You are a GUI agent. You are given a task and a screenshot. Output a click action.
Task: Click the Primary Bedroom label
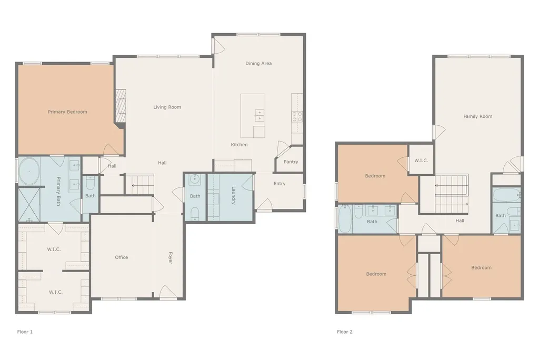coord(67,112)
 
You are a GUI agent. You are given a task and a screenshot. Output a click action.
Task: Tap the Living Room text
coord(167,107)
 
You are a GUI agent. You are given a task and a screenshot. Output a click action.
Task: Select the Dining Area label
coord(258,63)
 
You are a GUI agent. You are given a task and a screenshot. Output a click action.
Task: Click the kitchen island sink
coord(259,115)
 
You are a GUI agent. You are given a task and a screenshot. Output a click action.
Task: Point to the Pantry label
coord(291,162)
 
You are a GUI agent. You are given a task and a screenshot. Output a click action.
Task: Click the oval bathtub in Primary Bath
coord(29,171)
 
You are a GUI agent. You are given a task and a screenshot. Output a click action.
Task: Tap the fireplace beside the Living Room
coord(121,106)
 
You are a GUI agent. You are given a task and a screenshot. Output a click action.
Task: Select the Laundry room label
coord(233,195)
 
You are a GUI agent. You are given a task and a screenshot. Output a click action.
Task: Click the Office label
coord(122,257)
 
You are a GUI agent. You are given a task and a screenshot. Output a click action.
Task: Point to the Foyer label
coord(170,258)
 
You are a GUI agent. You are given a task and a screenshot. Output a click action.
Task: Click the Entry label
coord(280,184)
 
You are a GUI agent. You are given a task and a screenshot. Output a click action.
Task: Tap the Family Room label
coord(478,116)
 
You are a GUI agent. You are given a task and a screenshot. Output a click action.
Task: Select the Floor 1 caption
coord(25,332)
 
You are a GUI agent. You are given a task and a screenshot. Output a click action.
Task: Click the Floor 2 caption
coord(345,332)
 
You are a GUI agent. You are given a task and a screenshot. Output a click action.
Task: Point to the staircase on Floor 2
coord(451,194)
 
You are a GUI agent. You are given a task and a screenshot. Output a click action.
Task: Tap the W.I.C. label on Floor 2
coord(421,161)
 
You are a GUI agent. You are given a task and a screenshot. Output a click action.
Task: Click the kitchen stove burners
coord(297,116)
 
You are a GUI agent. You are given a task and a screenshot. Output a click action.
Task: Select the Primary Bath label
coord(58,191)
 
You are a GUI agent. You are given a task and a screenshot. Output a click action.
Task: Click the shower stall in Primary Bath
coord(29,205)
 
